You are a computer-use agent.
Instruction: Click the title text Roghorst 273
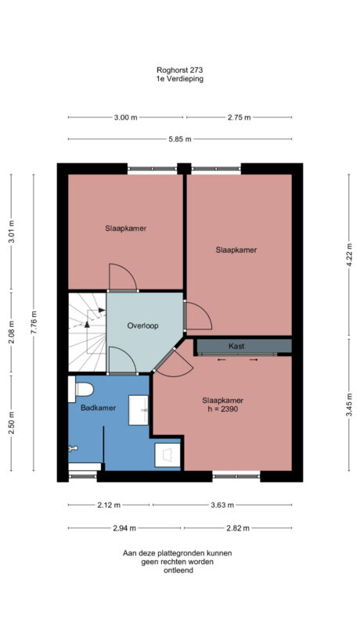(180, 70)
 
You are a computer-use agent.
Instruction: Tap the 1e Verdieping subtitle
(180, 78)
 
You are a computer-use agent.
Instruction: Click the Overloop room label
(143, 325)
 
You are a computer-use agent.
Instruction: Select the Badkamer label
(98, 408)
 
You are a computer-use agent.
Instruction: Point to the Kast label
(236, 346)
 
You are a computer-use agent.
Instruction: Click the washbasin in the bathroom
(142, 409)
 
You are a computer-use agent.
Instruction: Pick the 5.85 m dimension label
(179, 139)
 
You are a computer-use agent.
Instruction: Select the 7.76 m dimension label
(34, 322)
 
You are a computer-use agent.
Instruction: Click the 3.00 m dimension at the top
(126, 117)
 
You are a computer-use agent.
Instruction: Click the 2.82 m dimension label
(237, 528)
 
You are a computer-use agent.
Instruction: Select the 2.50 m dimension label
(11, 422)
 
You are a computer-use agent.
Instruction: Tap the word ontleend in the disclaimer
(177, 570)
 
